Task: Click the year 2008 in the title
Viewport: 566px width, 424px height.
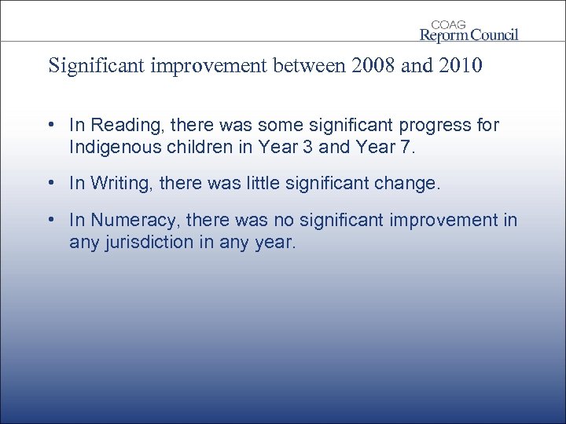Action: [x=370, y=65]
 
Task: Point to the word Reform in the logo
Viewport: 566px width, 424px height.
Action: [x=444, y=35]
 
